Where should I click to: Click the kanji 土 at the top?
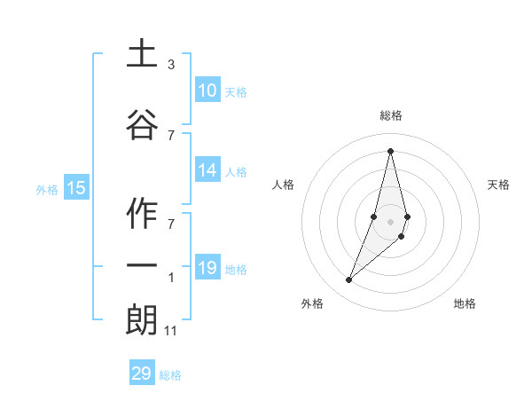click(142, 54)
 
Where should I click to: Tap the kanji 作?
click(142, 215)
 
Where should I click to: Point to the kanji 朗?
click(142, 320)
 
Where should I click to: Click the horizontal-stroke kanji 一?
click(142, 266)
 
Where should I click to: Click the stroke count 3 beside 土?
click(171, 65)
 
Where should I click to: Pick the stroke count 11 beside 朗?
click(172, 331)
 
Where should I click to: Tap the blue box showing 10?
click(207, 90)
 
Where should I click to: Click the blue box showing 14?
click(207, 171)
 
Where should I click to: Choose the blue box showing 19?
click(207, 268)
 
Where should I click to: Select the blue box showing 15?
click(76, 187)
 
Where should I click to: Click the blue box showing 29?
click(142, 374)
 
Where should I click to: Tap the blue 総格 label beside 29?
click(170, 375)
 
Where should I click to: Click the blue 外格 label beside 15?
click(47, 189)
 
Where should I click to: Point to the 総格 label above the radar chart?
click(391, 115)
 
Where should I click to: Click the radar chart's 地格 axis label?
click(465, 303)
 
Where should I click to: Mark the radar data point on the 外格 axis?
click(349, 280)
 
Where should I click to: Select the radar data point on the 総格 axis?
click(391, 150)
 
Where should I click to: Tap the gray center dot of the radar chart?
click(391, 233)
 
